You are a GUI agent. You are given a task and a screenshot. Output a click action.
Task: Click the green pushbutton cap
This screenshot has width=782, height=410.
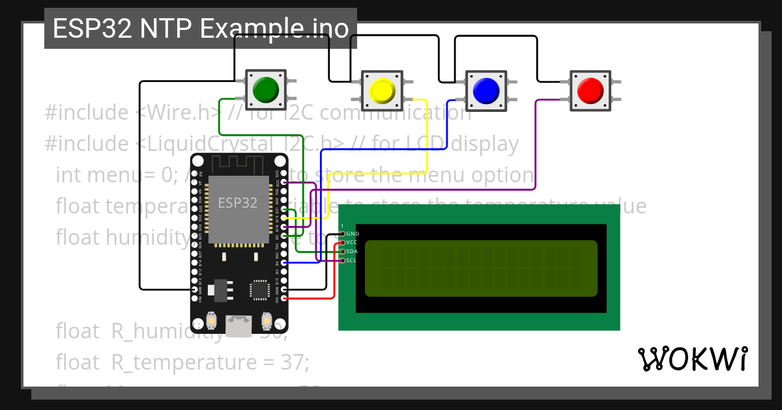(265, 89)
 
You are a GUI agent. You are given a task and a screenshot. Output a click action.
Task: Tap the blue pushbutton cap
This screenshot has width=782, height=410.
(485, 90)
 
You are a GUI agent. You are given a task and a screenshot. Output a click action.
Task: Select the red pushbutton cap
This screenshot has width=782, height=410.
(591, 89)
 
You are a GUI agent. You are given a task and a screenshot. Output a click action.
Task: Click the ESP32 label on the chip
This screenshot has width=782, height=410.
(237, 202)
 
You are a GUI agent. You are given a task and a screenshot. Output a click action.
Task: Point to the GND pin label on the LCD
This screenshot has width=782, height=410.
(353, 233)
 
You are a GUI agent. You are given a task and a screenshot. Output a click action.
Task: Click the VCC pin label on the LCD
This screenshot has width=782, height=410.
(352, 242)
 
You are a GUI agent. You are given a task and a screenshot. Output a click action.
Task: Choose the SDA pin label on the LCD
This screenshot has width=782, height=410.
(352, 251)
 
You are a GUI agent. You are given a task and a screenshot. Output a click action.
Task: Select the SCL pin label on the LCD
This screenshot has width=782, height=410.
(352, 260)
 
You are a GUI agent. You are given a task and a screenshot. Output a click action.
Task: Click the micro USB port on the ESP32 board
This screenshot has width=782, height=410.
(239, 323)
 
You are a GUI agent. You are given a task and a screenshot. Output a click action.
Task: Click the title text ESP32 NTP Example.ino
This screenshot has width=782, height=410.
(200, 29)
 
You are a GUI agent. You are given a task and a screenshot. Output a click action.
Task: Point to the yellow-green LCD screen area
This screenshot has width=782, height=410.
(481, 268)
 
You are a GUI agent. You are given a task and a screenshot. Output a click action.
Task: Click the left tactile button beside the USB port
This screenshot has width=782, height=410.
(211, 320)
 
